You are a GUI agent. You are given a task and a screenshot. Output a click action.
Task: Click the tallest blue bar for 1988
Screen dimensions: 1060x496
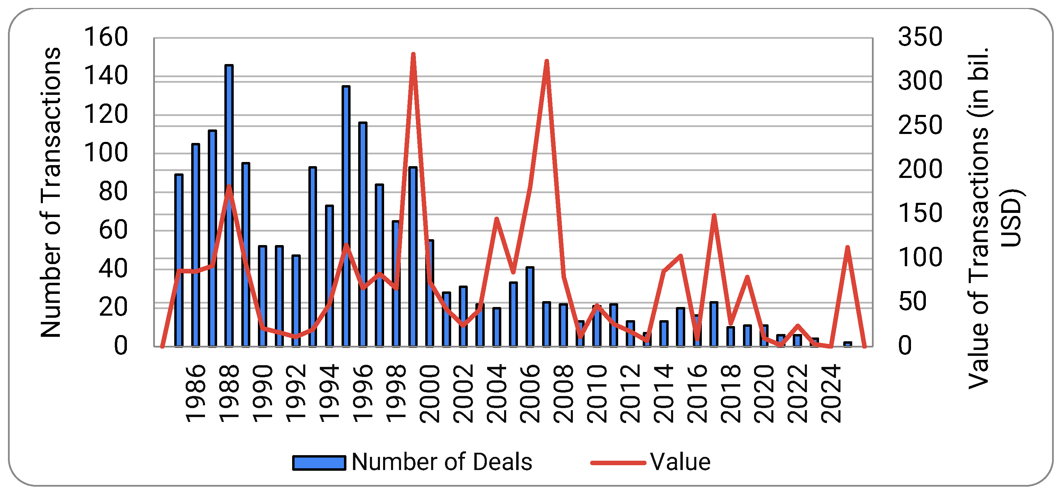pos(229,206)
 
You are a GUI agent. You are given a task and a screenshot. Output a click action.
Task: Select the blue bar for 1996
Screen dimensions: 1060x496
pos(363,234)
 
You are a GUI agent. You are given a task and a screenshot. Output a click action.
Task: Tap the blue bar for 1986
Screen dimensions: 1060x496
pos(195,245)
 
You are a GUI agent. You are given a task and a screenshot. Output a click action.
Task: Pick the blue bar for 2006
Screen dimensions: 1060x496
pos(530,307)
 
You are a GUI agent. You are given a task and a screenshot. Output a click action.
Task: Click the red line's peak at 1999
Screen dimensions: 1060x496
pos(413,54)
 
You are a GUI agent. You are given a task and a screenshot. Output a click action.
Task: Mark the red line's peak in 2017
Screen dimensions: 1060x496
pos(714,215)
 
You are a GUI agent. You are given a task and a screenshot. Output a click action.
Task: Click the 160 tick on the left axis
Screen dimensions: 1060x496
pos(106,37)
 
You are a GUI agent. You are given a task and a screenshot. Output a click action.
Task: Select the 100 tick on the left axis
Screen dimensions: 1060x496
pos(106,153)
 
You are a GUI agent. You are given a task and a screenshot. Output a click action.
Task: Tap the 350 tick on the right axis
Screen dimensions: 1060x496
pos(920,37)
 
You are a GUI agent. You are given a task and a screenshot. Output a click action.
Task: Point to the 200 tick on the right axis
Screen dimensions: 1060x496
pos(920,169)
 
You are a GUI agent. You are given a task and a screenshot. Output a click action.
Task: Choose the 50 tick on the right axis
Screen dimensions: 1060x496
pos(913,301)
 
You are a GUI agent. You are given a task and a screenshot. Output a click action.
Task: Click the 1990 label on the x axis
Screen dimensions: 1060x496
pos(262,394)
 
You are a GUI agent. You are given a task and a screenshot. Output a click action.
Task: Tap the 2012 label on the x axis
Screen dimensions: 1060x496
pos(630,394)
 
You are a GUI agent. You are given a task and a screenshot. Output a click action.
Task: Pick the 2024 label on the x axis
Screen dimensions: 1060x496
pos(831,394)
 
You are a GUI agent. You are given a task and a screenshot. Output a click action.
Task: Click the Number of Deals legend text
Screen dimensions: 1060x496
pos(442,462)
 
